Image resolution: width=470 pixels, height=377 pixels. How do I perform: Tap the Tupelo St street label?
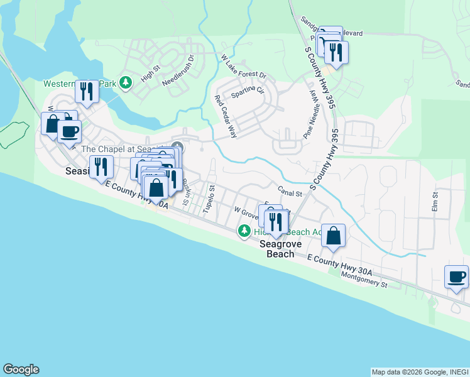[x=208, y=199]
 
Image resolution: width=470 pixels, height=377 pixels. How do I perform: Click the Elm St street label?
[x=434, y=201]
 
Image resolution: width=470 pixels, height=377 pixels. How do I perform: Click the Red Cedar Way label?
[x=226, y=116]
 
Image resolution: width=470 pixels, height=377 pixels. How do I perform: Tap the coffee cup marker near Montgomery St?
[x=456, y=276]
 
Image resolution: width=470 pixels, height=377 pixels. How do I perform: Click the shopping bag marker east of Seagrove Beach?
[x=334, y=236]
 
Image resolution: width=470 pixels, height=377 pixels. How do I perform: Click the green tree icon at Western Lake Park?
[x=126, y=83]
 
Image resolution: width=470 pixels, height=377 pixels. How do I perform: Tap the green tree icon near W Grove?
[x=244, y=232]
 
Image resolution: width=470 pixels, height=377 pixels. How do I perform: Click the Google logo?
[x=21, y=369]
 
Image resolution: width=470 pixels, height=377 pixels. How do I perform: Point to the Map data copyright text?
[x=419, y=372]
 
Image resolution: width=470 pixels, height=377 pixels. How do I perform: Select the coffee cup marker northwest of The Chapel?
[x=69, y=131]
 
